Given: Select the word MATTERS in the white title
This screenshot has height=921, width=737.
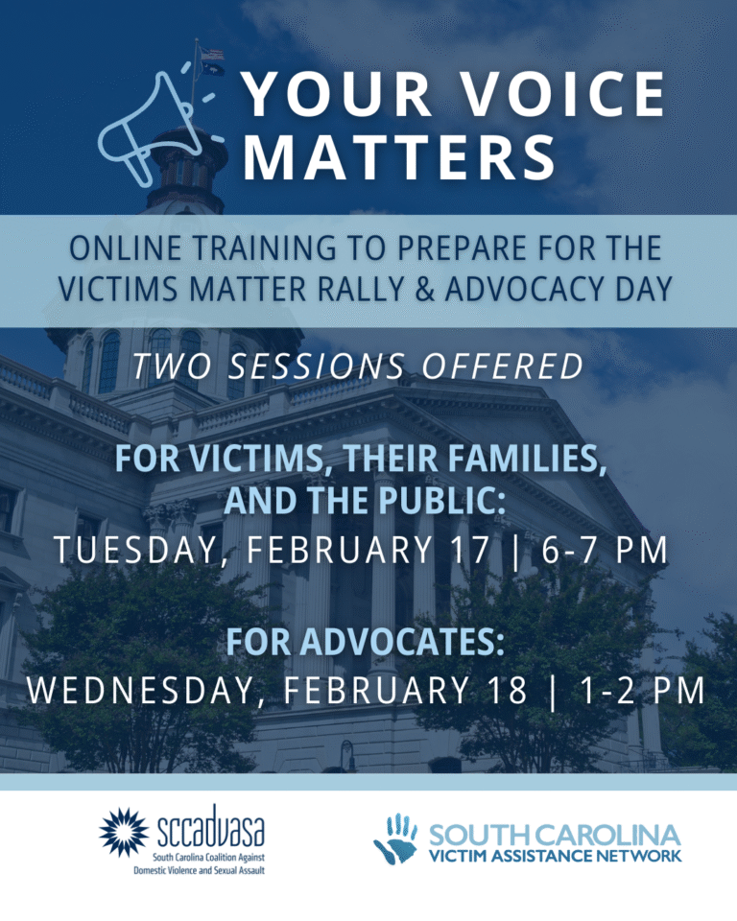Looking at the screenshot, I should [400, 156].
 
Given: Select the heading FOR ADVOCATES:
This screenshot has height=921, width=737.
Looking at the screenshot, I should [367, 641].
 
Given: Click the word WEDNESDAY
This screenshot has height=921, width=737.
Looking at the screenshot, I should [144, 690].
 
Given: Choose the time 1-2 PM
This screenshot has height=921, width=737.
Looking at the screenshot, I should [636, 690].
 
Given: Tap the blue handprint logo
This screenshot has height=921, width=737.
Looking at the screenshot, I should [395, 838].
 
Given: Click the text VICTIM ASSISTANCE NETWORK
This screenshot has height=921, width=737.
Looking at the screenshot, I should [556, 854].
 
